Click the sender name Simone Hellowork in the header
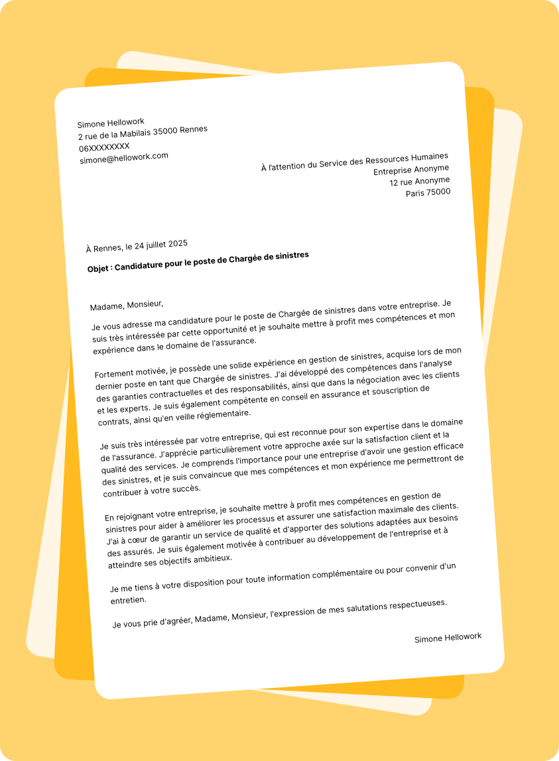pyautogui.click(x=111, y=123)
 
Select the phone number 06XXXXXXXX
pyautogui.click(x=105, y=147)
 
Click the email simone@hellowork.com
pyautogui.click(x=124, y=158)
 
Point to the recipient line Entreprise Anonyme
pyautogui.click(x=411, y=170)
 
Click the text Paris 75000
pyautogui.click(x=428, y=193)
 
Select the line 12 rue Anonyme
pyautogui.click(x=420, y=181)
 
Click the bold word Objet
pyautogui.click(x=100, y=268)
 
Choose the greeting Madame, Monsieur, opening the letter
pyautogui.click(x=127, y=305)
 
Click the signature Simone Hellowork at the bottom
pyautogui.click(x=448, y=638)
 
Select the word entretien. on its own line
pyautogui.click(x=129, y=599)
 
